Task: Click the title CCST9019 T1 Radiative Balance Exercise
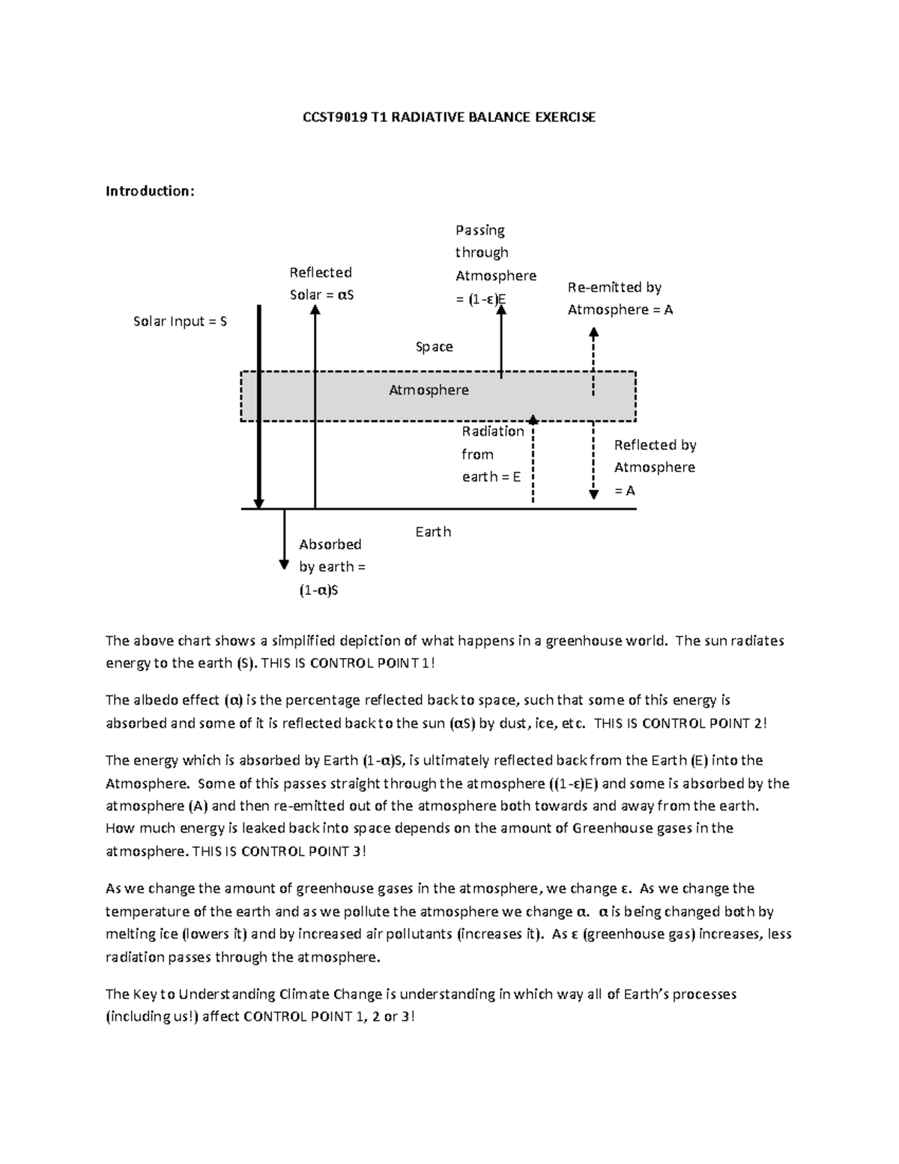pyautogui.click(x=448, y=117)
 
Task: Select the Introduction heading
pyautogui.click(x=150, y=191)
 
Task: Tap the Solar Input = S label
pyautogui.click(x=180, y=322)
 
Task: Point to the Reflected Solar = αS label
pyautogui.click(x=321, y=283)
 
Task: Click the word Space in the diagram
pyautogui.click(x=435, y=346)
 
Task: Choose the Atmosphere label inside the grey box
pyautogui.click(x=429, y=390)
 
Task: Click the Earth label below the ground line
pyautogui.click(x=433, y=531)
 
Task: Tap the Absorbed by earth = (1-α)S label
pyautogui.click(x=331, y=567)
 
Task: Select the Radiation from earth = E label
pyautogui.click(x=492, y=453)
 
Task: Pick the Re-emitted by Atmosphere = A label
pyautogui.click(x=620, y=298)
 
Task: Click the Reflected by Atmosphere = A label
pyautogui.click(x=654, y=467)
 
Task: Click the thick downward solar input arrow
pyautogui.click(x=258, y=405)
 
